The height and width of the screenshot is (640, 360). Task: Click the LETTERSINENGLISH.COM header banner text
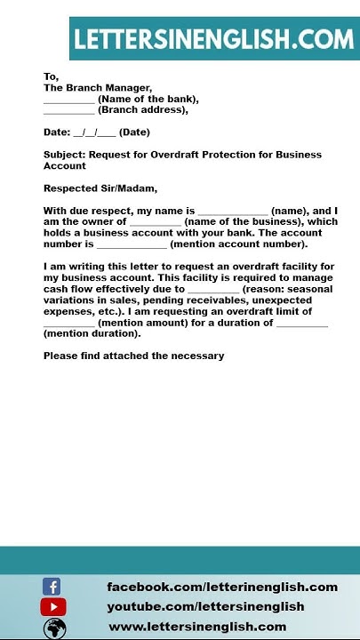[x=213, y=39]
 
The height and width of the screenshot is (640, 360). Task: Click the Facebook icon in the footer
[x=52, y=587]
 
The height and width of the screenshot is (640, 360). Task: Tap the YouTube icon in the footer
[x=52, y=607]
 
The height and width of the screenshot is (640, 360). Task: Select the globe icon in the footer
[x=55, y=628]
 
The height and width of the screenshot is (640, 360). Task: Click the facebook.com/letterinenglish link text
[x=222, y=587]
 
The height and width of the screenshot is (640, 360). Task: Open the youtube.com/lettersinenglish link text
[x=205, y=606]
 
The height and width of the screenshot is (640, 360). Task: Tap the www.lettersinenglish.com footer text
[x=197, y=627]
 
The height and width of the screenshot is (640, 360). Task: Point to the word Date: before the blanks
[x=57, y=132]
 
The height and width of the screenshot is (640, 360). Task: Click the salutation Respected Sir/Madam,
[x=100, y=188]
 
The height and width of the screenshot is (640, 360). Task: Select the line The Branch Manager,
[x=98, y=88]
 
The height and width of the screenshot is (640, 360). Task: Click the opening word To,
[x=51, y=76]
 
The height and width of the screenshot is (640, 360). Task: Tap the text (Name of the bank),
[x=148, y=100]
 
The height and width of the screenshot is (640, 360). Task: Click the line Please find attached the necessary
[x=133, y=356]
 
